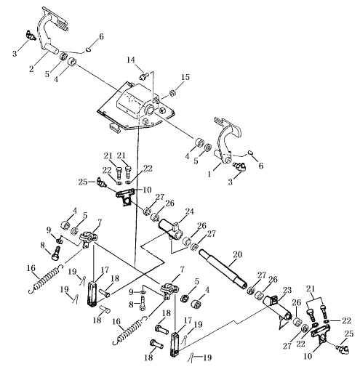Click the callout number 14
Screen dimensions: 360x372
click(131, 60)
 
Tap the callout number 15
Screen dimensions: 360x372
click(185, 78)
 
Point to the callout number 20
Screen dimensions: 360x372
click(237, 255)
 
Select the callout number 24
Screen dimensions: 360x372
click(189, 211)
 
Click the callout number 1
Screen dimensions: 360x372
click(209, 174)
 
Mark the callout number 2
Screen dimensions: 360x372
click(31, 69)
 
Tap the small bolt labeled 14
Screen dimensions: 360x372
click(143, 76)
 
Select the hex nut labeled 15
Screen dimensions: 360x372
click(172, 92)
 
